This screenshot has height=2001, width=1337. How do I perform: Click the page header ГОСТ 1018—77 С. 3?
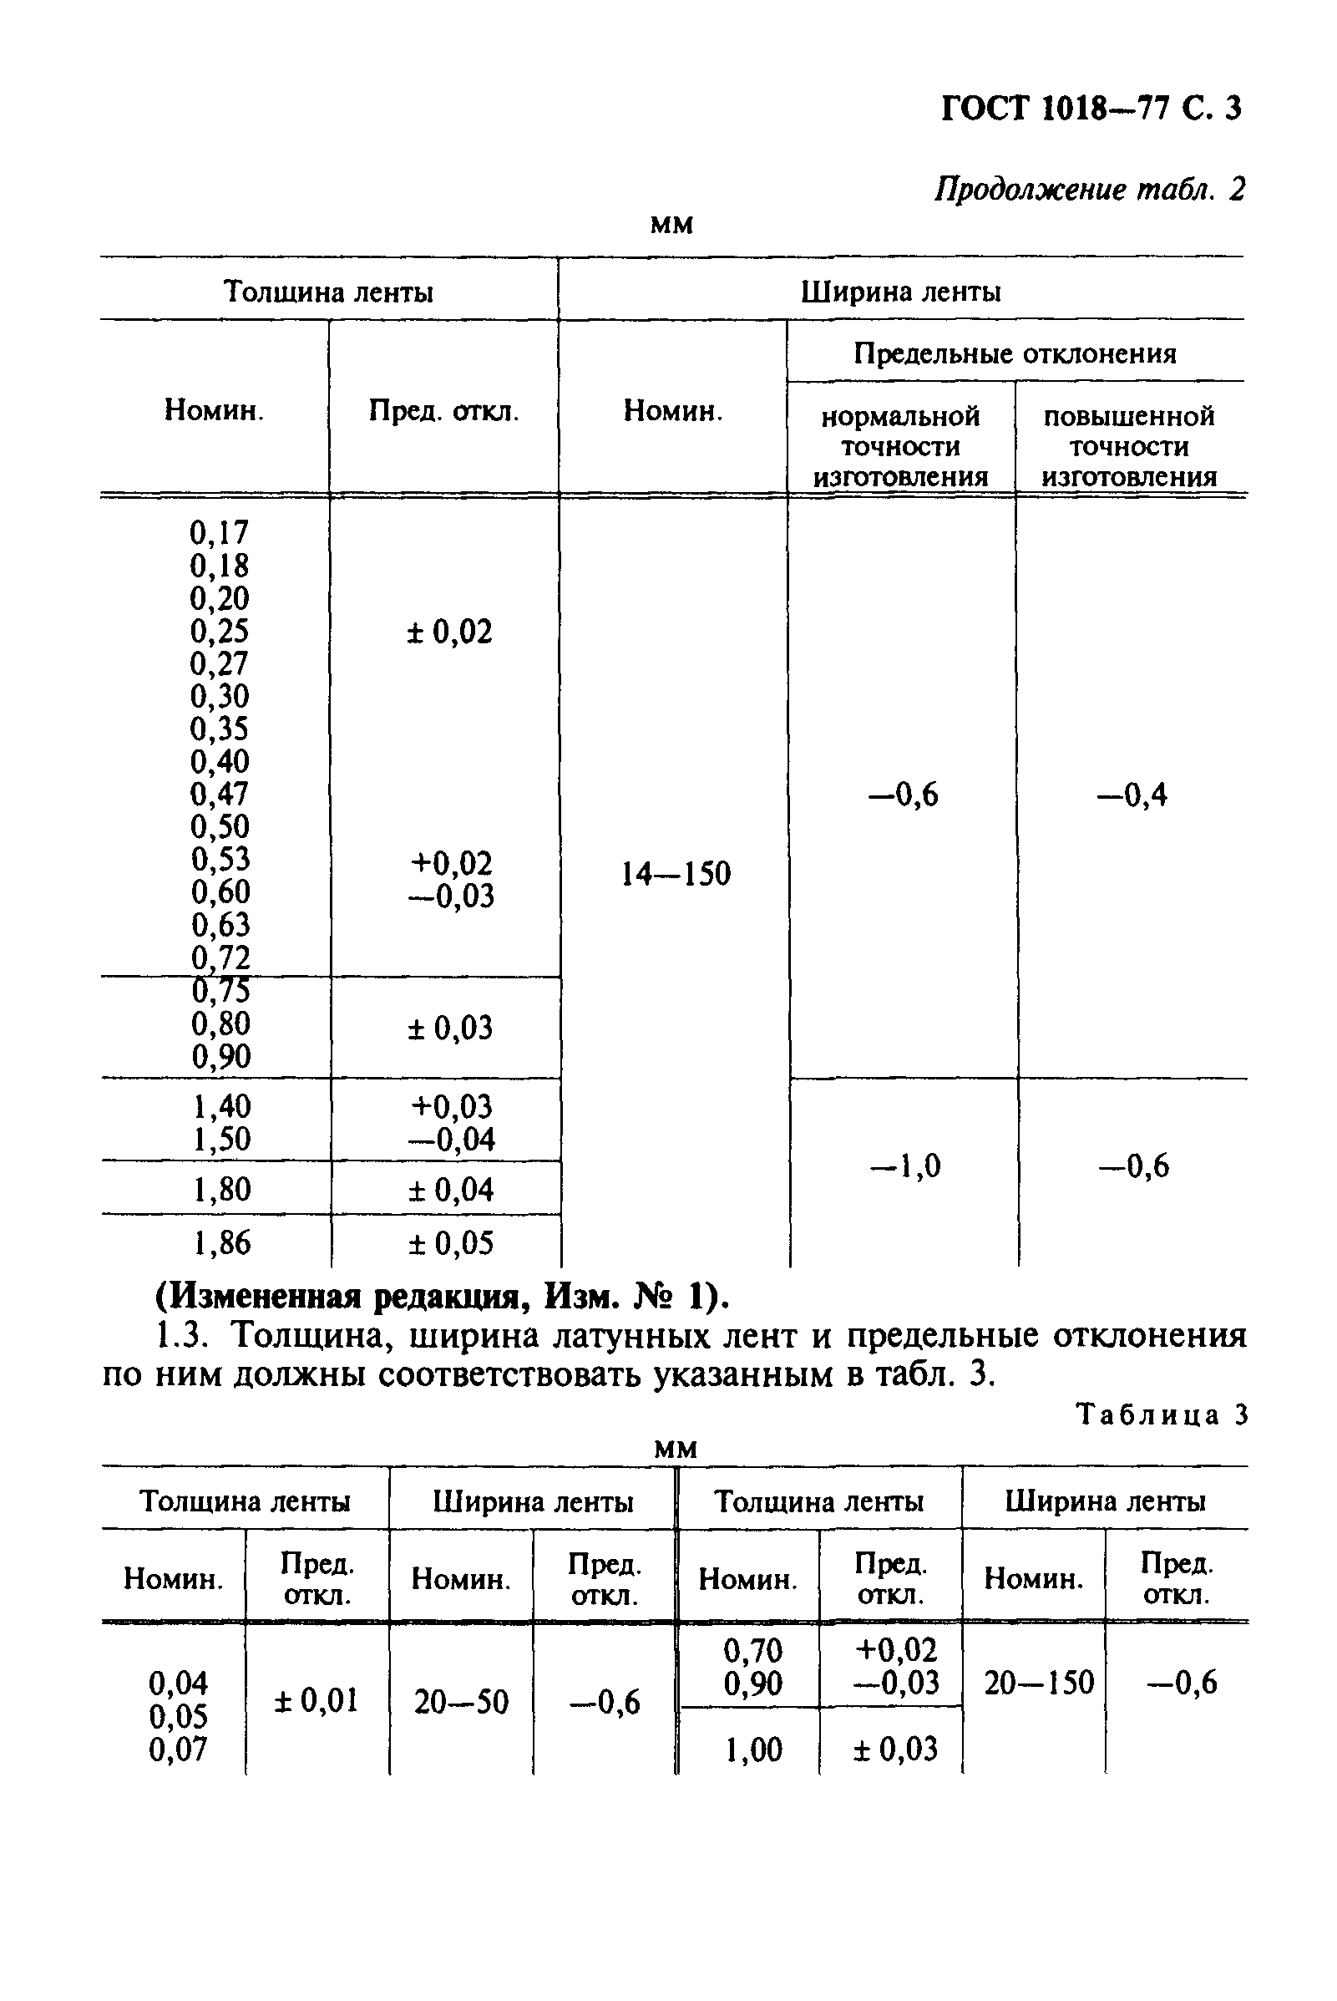tap(1091, 109)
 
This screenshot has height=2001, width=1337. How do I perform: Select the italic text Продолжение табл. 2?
tap(1089, 189)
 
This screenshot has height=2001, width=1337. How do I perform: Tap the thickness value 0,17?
tap(218, 532)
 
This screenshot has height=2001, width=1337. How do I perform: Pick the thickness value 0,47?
tap(219, 793)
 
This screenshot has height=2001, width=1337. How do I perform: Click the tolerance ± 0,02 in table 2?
tap(449, 632)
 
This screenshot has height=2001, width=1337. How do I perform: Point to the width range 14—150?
tap(675, 873)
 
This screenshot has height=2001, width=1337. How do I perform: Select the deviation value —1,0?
tap(904, 1166)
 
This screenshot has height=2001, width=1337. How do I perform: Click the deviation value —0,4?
tap(1132, 795)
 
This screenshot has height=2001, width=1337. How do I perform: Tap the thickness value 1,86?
tap(221, 1242)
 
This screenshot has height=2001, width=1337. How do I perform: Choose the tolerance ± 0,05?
tap(450, 1242)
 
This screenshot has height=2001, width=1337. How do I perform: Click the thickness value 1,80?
tap(221, 1189)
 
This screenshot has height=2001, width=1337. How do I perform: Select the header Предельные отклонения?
tap(1015, 353)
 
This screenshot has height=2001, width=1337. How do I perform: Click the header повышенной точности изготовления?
tap(1129, 446)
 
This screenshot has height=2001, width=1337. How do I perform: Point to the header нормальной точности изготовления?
tap(900, 446)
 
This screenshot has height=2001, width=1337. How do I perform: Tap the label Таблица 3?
tap(1162, 1415)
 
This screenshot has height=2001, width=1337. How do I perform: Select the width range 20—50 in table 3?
tap(460, 1703)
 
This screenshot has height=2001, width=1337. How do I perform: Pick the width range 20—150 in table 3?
tap(1038, 1683)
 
